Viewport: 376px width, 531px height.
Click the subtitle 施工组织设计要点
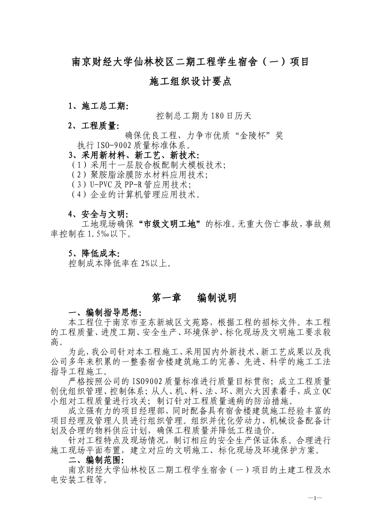pos(190,82)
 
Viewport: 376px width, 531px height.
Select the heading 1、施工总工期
pos(98,106)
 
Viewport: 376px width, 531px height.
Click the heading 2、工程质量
pos(93,126)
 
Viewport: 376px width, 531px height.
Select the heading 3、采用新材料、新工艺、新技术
pos(134,154)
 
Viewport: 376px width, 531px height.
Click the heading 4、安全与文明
pos(98,215)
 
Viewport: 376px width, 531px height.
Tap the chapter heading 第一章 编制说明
pos(194,298)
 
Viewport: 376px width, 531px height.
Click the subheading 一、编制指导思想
pos(104,313)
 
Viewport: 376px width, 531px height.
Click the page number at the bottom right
pos(315,498)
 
